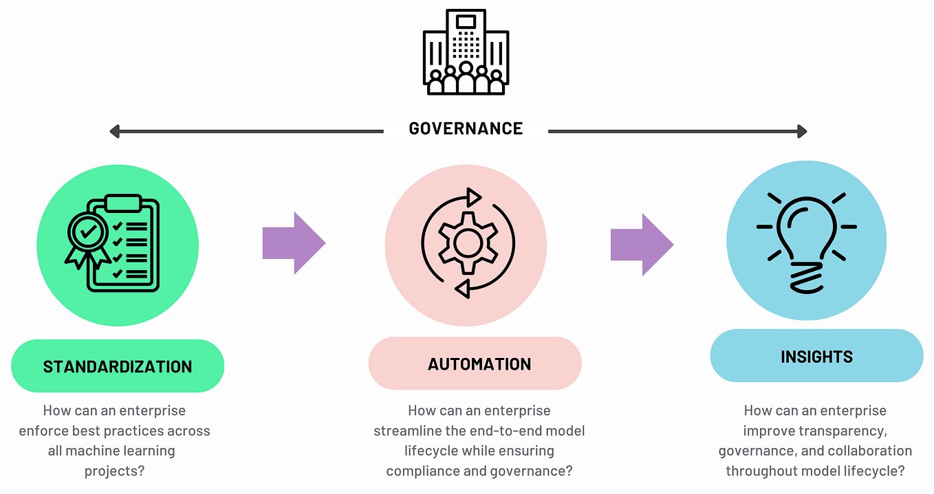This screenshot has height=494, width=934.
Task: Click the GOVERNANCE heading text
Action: (x=466, y=128)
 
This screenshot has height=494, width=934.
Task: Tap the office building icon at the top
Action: (x=466, y=53)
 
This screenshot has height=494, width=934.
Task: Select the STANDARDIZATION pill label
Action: (x=118, y=366)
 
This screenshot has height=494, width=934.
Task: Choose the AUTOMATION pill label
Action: (x=479, y=363)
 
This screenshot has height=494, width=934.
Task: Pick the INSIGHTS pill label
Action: (x=816, y=357)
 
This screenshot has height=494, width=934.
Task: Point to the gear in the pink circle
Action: (x=468, y=243)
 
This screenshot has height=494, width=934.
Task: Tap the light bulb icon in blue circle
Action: (x=806, y=240)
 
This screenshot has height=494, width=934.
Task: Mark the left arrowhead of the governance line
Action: (x=115, y=131)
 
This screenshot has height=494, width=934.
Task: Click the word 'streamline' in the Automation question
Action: (x=405, y=431)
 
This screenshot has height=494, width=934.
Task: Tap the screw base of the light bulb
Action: (x=806, y=278)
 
